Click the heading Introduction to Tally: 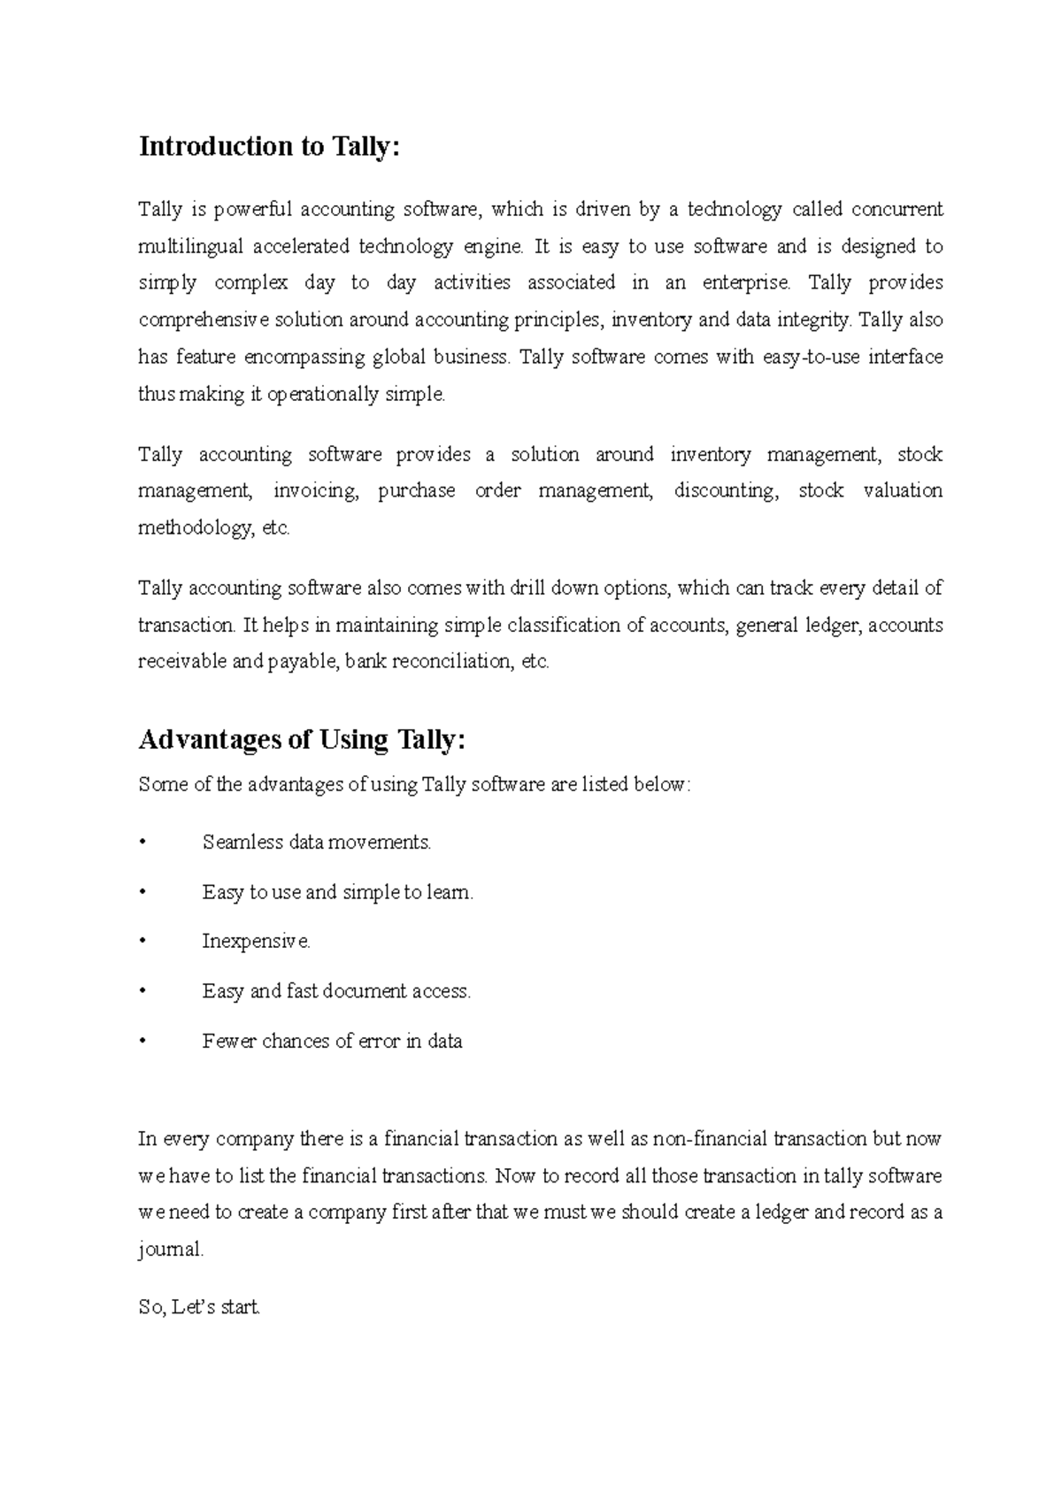[x=269, y=147]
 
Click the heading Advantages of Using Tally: [x=301, y=740]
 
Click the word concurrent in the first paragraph [x=897, y=210]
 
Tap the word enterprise [x=745, y=283]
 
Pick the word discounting [x=726, y=491]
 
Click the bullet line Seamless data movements [x=316, y=843]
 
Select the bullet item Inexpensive [x=256, y=942]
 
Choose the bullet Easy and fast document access [x=336, y=991]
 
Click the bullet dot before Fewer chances [x=142, y=1042]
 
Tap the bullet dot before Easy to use [x=142, y=893]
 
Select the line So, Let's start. [x=199, y=1307]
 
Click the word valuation [x=903, y=491]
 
